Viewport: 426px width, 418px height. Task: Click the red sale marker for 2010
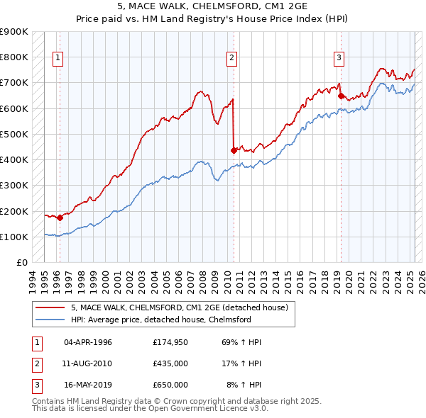point(234,149)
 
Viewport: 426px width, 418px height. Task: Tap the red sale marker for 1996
point(60,218)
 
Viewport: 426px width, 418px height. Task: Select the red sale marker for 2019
point(341,96)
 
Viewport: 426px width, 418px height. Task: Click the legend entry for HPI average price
point(161,320)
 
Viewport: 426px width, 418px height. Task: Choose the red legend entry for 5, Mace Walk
point(179,307)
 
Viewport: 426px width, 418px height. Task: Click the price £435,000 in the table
point(170,363)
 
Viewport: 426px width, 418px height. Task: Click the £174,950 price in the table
point(170,342)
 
